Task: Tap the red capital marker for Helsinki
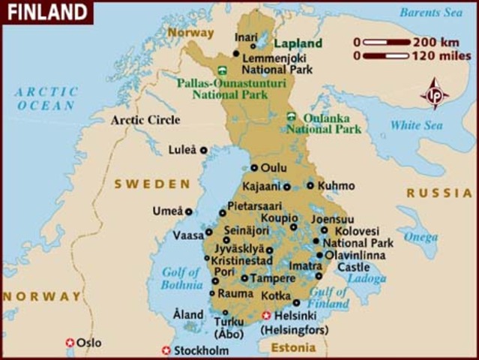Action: pos(266,316)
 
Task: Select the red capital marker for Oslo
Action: pos(70,343)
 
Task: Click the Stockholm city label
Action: pos(201,350)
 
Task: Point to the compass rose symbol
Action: pos(434,94)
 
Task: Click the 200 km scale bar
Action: pos(387,42)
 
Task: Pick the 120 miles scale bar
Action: pos(387,55)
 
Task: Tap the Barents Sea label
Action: pos(432,13)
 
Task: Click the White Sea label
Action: pos(415,125)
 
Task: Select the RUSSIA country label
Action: pos(439,193)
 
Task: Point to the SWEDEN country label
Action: pos(152,184)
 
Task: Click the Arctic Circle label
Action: pos(145,120)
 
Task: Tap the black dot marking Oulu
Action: pos(254,168)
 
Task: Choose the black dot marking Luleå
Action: pos(203,150)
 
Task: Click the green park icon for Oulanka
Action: pos(291,117)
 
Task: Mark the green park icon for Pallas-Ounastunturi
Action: pos(220,70)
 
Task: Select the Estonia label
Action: pos(293,348)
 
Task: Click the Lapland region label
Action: pos(298,43)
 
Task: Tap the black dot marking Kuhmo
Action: pos(310,185)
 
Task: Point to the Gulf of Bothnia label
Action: pos(181,278)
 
